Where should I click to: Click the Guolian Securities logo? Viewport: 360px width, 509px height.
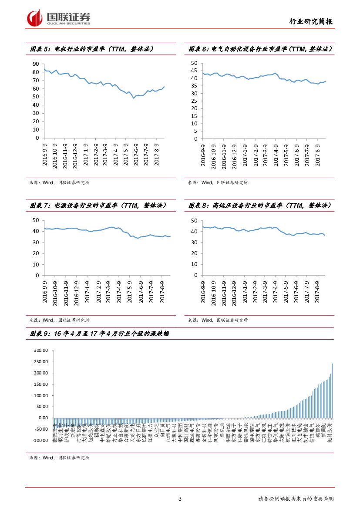point(59,18)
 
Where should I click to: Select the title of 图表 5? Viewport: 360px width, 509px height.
point(91,49)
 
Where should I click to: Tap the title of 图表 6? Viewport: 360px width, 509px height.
point(260,49)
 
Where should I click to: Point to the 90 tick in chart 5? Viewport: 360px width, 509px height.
point(36,64)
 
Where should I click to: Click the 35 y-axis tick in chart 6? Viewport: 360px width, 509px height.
point(195,94)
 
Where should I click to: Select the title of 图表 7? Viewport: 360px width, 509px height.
point(98,206)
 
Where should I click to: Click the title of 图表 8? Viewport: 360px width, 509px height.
point(260,206)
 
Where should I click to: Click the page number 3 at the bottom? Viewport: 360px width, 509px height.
point(180,499)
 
